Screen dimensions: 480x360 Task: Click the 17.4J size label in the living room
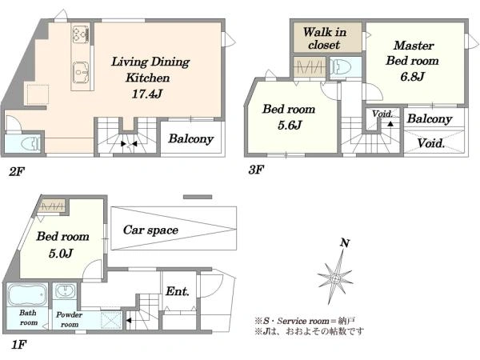tap(147, 94)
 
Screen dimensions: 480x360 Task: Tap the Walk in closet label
tap(325, 38)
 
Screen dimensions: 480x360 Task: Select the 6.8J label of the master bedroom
tap(412, 77)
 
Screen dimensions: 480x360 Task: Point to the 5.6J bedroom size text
tap(290, 126)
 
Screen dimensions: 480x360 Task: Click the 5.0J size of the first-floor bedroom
tap(61, 254)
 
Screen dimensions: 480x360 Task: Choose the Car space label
tap(150, 230)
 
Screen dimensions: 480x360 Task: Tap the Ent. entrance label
tap(178, 291)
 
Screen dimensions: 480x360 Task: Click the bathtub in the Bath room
tap(27, 294)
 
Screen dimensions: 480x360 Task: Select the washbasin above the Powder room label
tap(66, 290)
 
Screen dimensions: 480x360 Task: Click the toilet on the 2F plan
tap(30, 143)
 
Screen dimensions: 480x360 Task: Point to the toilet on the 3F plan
tap(341, 67)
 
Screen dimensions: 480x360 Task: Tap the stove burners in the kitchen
tap(81, 34)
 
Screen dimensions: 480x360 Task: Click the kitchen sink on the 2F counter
tap(81, 72)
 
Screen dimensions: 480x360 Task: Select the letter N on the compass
tap(345, 243)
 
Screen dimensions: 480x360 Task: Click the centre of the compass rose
tap(335, 279)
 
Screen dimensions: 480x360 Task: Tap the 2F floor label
tap(16, 172)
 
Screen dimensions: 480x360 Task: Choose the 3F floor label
tap(256, 170)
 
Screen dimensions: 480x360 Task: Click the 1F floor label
tap(19, 345)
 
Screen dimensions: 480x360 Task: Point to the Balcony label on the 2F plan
tap(190, 139)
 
